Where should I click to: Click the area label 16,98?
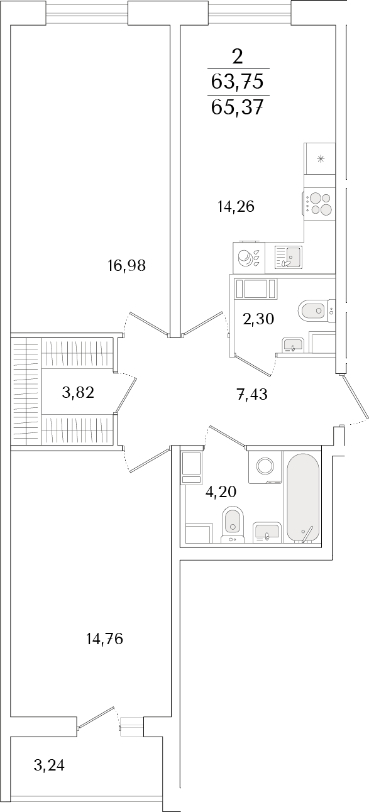tap(126, 266)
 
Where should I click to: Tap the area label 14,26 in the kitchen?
tap(236, 207)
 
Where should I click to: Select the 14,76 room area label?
tap(105, 639)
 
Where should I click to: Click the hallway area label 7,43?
tap(252, 393)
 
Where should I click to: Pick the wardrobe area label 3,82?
tap(79, 392)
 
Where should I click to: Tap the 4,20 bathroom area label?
tap(221, 492)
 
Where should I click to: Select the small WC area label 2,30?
tap(258, 319)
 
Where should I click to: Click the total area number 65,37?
tap(237, 107)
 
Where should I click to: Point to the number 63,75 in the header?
tap(237, 81)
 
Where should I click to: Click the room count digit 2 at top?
tap(237, 57)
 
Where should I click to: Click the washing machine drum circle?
tap(265, 466)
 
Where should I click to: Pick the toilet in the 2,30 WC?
tap(316, 310)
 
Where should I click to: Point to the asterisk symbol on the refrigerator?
tap(320, 158)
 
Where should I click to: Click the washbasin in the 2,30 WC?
tap(293, 344)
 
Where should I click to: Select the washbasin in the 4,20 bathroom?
tap(267, 532)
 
